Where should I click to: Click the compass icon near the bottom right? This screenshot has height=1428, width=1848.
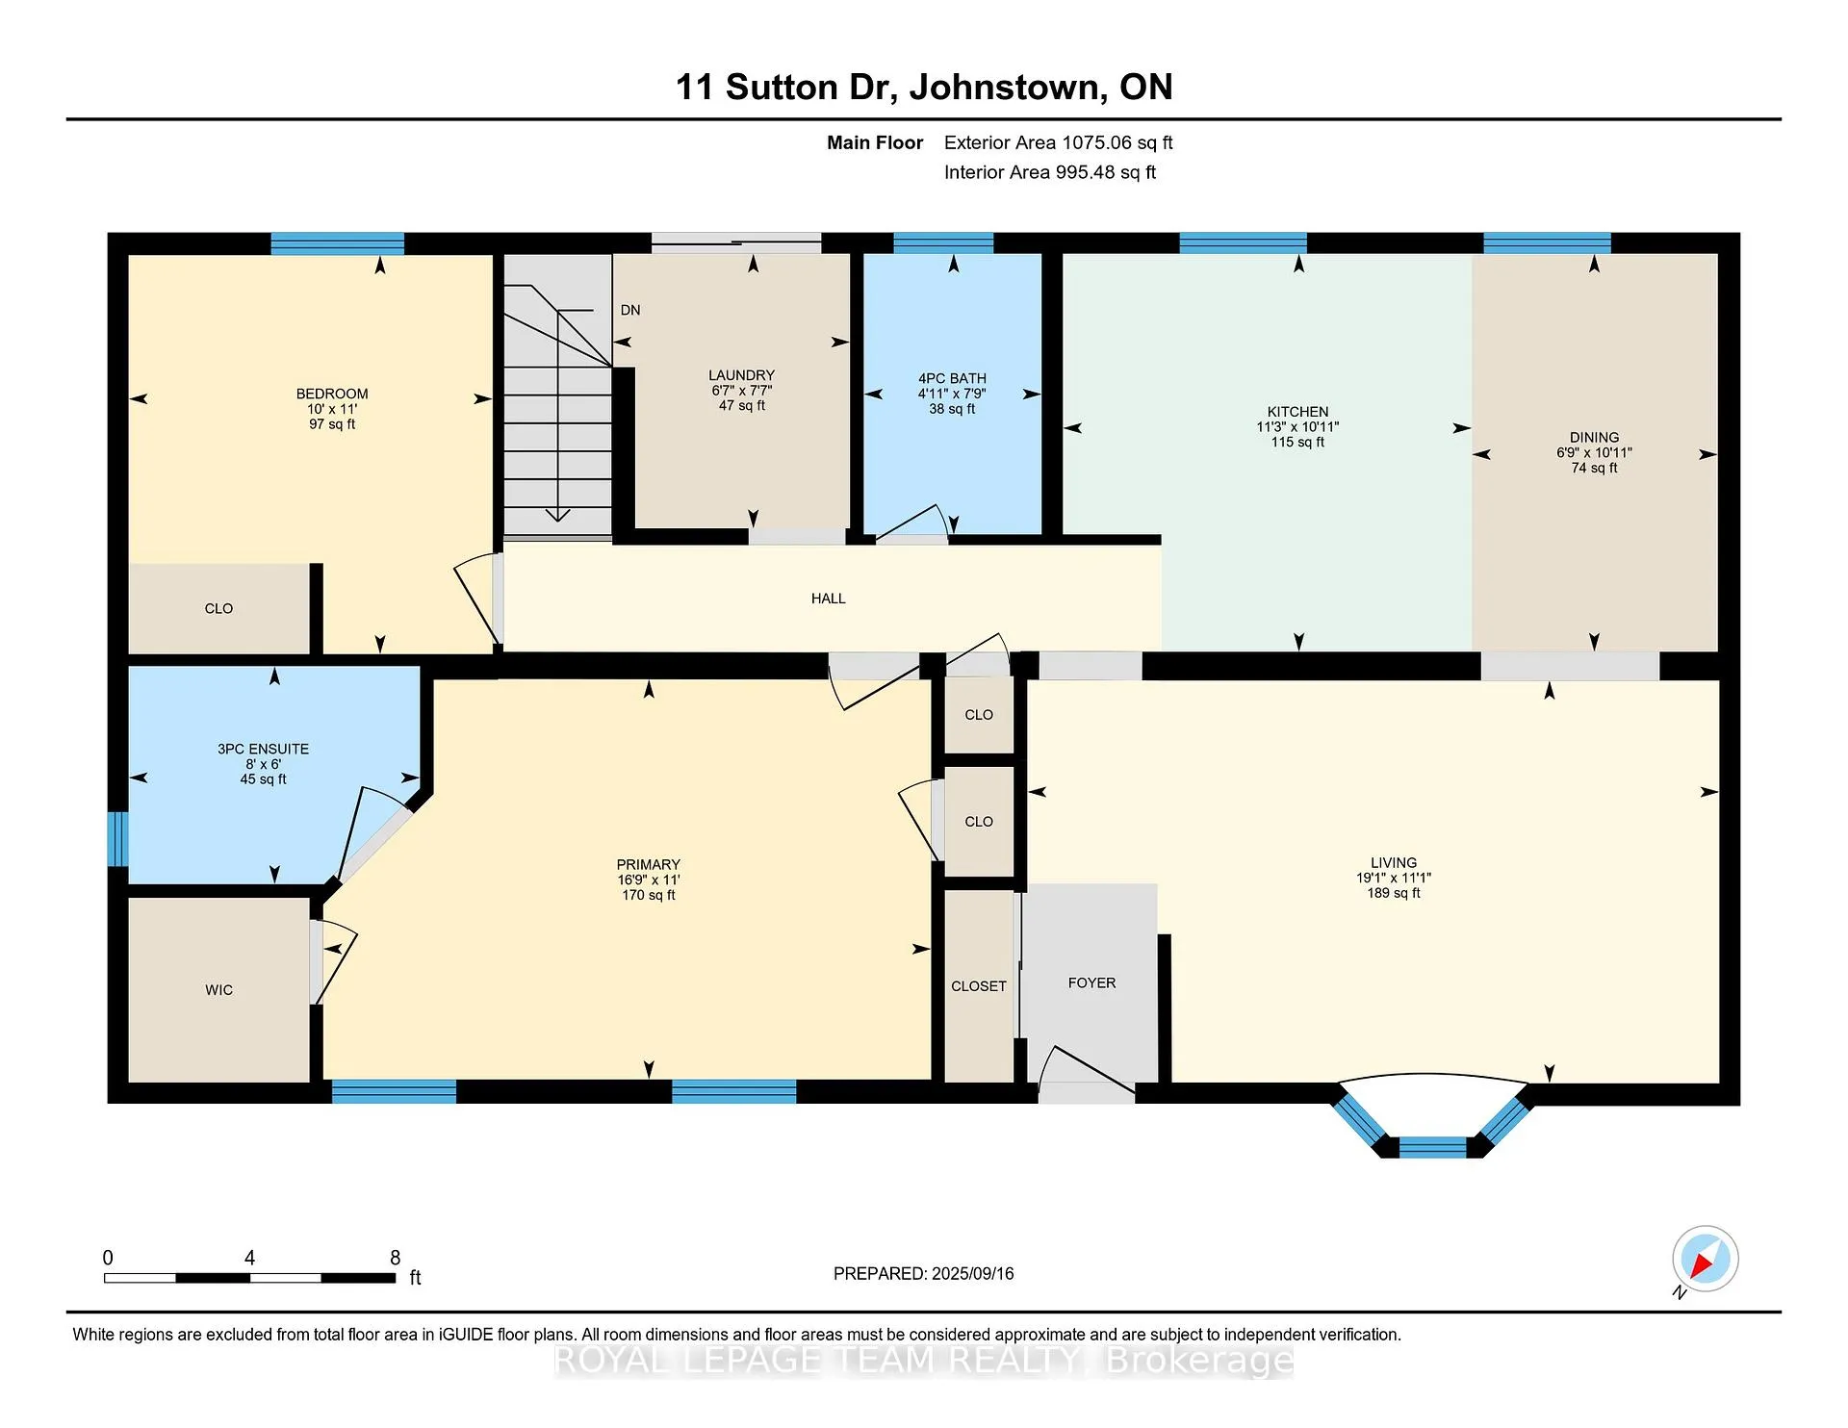pos(1705,1259)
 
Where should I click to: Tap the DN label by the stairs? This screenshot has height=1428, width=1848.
pos(630,310)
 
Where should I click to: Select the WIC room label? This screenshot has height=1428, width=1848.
pos(218,990)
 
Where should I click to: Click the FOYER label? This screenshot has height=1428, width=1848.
pos(1091,982)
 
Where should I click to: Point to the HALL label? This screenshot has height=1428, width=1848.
pos(828,599)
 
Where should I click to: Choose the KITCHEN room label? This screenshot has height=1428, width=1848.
pos(1297,412)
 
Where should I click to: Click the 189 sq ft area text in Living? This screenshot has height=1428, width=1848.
pos(1394,893)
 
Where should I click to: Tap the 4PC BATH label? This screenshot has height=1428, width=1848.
pos(952,378)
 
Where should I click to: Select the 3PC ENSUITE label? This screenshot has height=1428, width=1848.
pos(263,749)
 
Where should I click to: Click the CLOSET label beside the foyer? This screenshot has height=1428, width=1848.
pos(979,986)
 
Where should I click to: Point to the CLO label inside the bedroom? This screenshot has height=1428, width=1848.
pos(218,608)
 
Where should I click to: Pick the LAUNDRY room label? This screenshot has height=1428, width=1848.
pos(741,375)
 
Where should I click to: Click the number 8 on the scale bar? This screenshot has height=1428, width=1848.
pos(395,1258)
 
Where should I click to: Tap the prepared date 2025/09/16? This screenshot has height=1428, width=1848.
pos(973,1273)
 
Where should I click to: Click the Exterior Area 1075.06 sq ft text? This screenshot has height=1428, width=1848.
pos(1058,142)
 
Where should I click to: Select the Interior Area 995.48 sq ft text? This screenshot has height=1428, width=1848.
pos(1049,172)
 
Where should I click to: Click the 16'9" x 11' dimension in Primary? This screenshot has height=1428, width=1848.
pos(649,880)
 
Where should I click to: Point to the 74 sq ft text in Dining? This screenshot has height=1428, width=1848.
pos(1594,468)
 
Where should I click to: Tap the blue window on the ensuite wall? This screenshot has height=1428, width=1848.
pos(117,839)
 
